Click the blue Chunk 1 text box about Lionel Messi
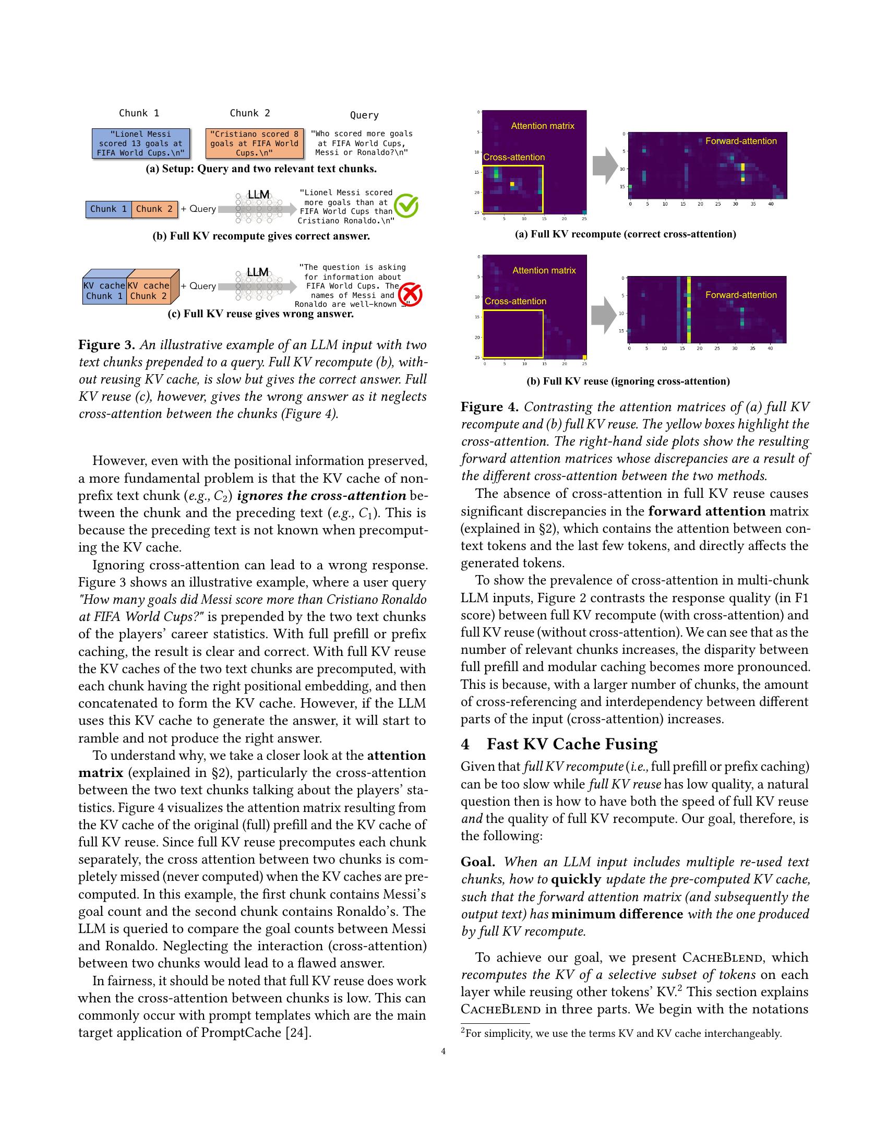[140, 143]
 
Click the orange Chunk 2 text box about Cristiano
[254, 143]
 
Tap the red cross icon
[411, 295]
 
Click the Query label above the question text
[364, 115]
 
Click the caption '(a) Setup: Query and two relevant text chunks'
[261, 169]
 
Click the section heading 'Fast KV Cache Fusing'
[571, 744]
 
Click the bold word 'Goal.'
[477, 862]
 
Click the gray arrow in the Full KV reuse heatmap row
[604, 314]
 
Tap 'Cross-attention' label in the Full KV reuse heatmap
[515, 301]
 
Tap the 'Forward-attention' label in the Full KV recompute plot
[741, 141]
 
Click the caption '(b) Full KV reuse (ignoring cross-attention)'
[628, 381]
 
